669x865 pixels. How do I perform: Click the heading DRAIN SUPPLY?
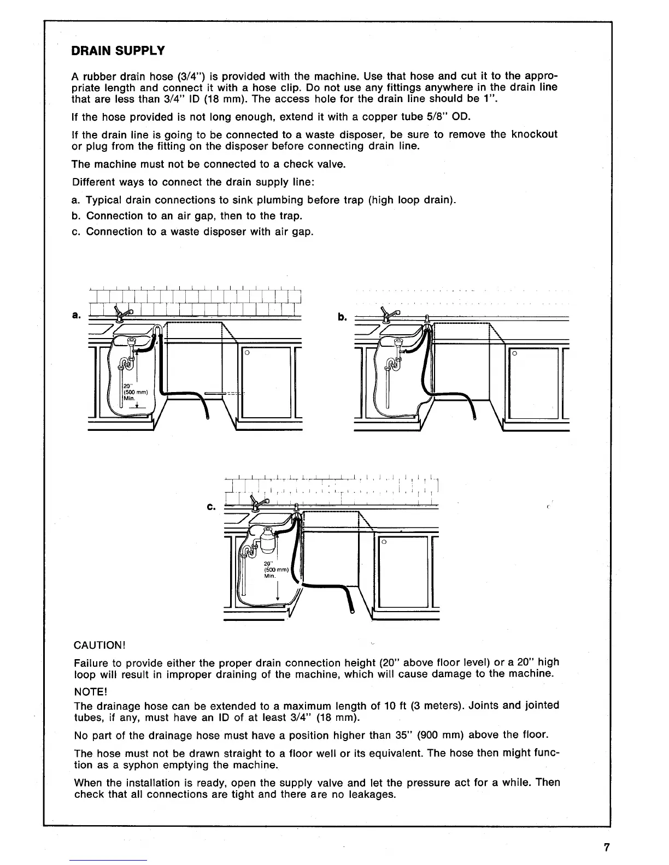pyautogui.click(x=118, y=51)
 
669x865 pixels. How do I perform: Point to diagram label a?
pyautogui.click(x=76, y=315)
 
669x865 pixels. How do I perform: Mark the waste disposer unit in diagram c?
pyautogui.click(x=268, y=540)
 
